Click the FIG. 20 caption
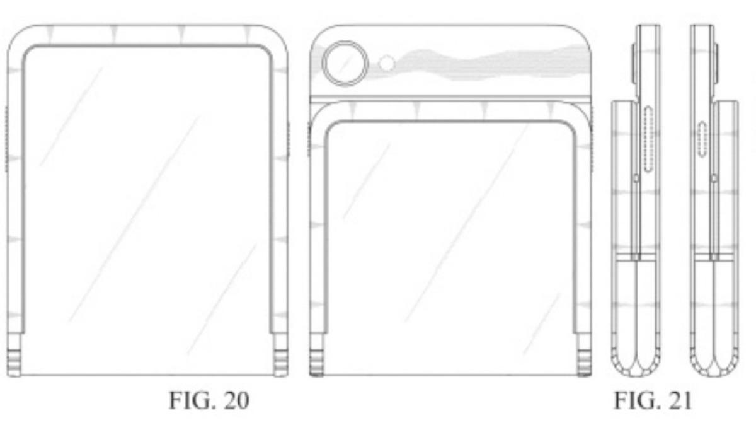coord(209,400)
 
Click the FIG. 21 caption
coord(653,400)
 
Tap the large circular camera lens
coord(345,63)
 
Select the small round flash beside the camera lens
coord(387,64)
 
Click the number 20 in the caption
coord(236,400)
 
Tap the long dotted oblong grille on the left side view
coord(648,139)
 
